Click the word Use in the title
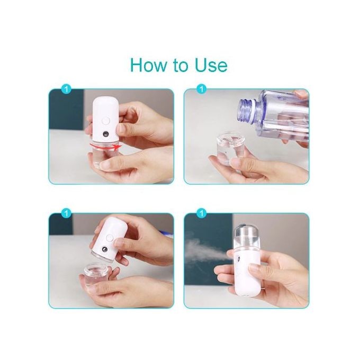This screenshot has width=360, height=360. (x=211, y=65)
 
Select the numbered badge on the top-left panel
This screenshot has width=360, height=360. (x=67, y=89)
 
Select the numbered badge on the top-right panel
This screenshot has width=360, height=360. (x=202, y=89)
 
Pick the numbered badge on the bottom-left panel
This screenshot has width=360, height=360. (x=67, y=213)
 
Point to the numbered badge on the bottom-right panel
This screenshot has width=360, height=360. (x=202, y=213)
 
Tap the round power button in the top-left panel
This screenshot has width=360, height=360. (x=105, y=121)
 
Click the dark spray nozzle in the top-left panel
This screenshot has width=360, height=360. (x=106, y=134)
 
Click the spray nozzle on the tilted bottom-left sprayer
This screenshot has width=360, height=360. (x=104, y=249)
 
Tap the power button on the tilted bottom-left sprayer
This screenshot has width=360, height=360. (x=110, y=238)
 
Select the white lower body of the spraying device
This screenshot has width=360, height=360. (x=248, y=272)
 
